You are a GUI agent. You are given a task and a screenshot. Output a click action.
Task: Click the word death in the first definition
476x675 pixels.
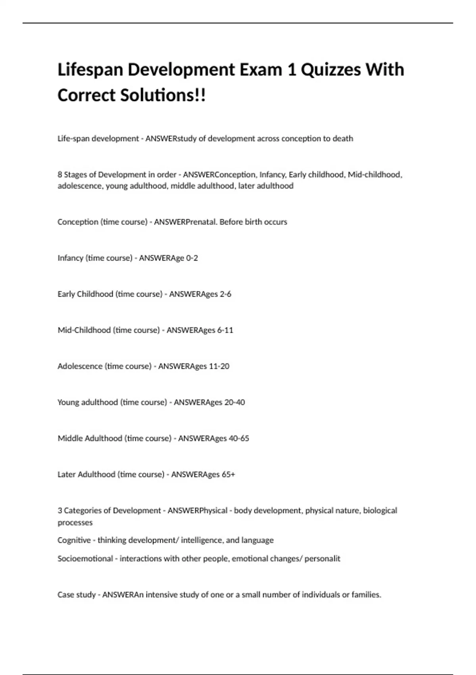[x=343, y=139]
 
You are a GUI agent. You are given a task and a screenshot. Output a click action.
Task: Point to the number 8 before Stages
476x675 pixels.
[x=60, y=175]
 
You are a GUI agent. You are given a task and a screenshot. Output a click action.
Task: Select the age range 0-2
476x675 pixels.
[x=192, y=258]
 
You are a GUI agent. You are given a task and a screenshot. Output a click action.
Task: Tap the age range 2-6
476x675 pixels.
[x=225, y=294]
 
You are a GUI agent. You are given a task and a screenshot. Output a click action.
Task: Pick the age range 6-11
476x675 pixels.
[x=225, y=330]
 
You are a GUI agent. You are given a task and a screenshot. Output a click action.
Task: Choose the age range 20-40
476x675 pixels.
[x=234, y=403]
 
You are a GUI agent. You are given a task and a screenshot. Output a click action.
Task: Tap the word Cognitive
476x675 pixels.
[x=74, y=540]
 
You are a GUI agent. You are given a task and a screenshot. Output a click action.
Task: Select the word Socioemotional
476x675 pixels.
[x=85, y=559]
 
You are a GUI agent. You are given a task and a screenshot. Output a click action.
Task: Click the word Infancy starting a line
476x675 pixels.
[x=70, y=258]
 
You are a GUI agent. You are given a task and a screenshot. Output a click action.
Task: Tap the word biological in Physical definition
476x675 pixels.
[x=380, y=511]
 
